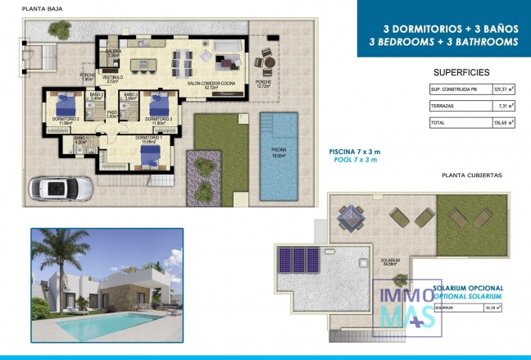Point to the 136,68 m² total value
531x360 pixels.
[497, 123]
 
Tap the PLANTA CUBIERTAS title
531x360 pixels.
[470, 175]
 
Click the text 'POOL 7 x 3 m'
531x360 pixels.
[353, 159]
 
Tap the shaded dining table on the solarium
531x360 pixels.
[352, 214]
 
